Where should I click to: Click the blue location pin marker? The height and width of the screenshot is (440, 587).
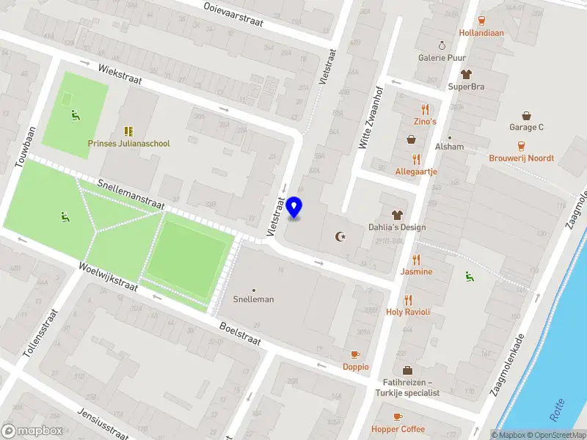(294, 208)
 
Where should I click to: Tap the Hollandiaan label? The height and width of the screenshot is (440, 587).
(481, 33)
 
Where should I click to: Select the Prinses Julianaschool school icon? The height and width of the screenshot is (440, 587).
(129, 131)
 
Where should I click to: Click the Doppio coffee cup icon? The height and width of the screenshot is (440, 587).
(356, 354)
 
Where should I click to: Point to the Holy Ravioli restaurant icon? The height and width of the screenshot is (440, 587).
(408, 299)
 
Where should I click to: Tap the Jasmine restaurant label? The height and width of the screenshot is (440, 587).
(416, 271)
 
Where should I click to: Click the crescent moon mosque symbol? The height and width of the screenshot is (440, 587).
(340, 236)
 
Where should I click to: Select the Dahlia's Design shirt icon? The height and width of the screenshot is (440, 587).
(397, 215)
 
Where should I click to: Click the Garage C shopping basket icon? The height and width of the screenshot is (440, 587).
(526, 115)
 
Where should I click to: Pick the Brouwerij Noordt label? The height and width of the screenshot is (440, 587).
(522, 158)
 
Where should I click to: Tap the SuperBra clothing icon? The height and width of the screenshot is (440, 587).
(466, 74)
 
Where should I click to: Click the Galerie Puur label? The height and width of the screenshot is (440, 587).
(442, 57)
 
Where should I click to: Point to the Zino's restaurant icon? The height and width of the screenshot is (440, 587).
(425, 109)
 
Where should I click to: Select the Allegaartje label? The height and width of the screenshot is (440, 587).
(416, 172)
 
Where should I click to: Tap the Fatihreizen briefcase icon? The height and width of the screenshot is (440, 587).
(407, 370)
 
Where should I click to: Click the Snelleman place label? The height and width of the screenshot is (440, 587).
(253, 299)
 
